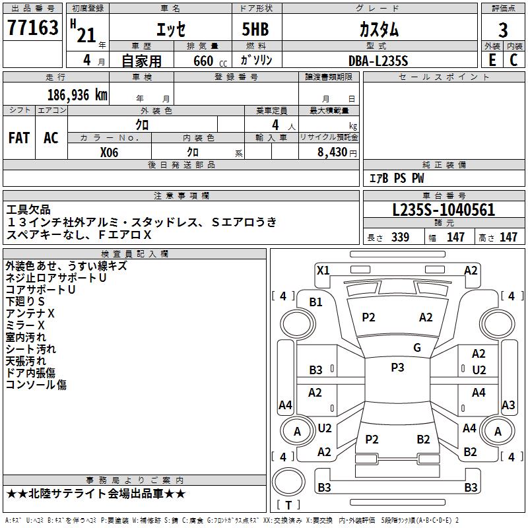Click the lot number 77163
coord(33,28)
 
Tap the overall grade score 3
coord(504,29)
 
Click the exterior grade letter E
coord(492,59)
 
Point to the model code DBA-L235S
coord(378,60)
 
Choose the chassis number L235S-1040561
coord(444,211)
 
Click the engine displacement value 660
coord(203,61)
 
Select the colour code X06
coord(110,151)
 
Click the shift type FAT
coord(19,137)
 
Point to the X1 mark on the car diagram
coord(323,270)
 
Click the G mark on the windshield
coord(417,348)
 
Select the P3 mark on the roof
coord(397,368)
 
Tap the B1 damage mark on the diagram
coord(316,302)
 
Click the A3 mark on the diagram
coord(508,405)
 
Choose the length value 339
coord(400,238)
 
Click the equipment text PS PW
coord(409,178)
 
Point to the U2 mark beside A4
coord(325,428)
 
